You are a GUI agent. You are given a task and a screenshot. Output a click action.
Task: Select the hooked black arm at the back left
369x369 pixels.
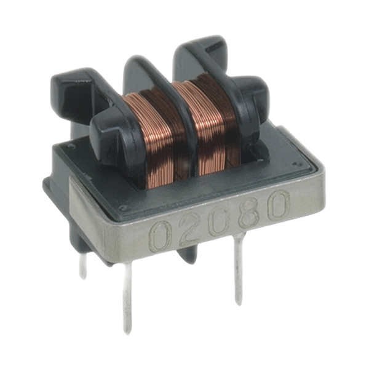click(x=71, y=92)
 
